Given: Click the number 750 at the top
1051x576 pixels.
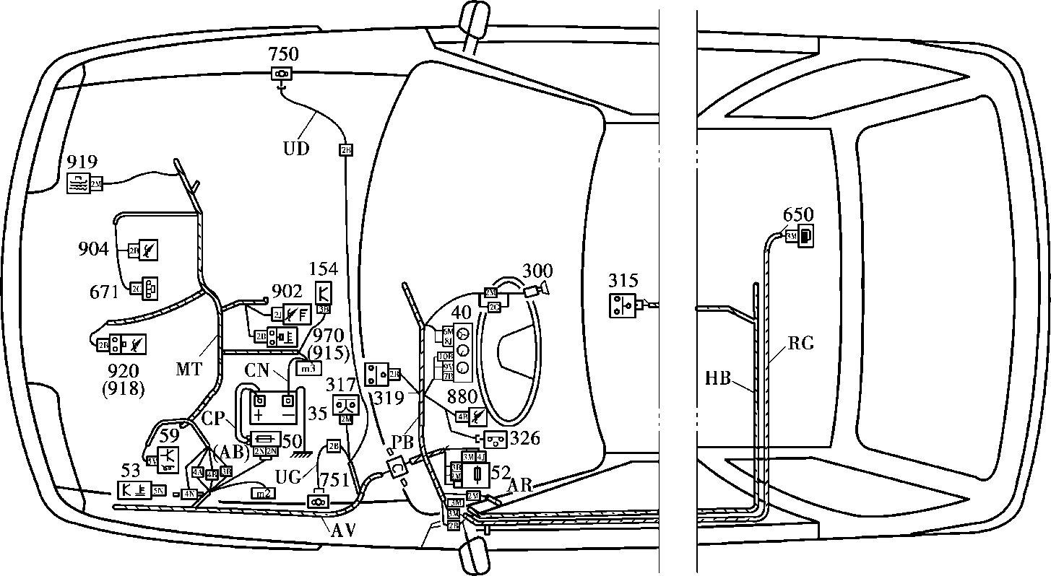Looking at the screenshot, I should [282, 54].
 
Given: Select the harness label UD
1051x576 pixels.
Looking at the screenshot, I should [295, 149].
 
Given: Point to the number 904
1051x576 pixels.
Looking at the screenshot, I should [95, 250].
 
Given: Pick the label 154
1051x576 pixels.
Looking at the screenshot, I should [323, 270].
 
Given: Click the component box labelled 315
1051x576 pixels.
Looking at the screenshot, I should [622, 305].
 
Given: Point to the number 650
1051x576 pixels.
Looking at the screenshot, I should [798, 215].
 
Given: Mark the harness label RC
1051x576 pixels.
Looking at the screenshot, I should [800, 344].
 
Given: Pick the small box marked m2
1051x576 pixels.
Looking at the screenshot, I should [264, 493].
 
